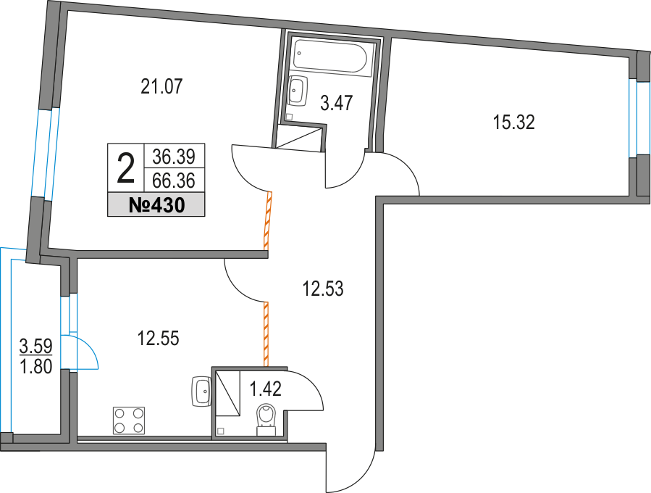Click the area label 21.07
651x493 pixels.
tap(160, 88)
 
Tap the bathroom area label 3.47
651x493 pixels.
tap(337, 103)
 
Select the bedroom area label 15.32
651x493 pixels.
tap(513, 123)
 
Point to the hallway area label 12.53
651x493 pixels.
tap(322, 290)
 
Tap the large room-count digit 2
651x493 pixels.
tap(125, 170)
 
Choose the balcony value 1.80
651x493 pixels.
tap(35, 367)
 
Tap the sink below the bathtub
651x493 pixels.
tap(297, 91)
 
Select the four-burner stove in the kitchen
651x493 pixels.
tap(129, 420)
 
